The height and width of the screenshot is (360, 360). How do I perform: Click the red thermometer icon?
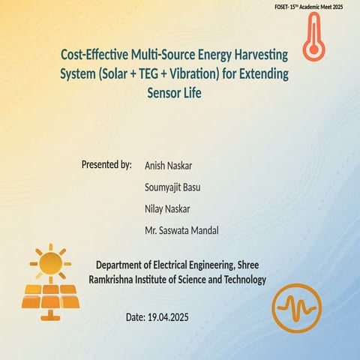tap(314, 37)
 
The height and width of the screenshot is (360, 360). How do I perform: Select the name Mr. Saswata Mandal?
tap(182, 230)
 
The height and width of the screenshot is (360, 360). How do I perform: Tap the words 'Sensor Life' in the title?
tap(175, 95)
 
